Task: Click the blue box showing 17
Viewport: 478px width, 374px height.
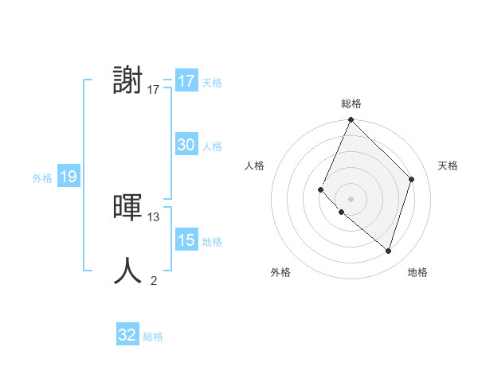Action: coord(186,81)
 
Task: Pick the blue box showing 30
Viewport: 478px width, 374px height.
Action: coord(186,145)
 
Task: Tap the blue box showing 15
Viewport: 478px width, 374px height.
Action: coord(186,240)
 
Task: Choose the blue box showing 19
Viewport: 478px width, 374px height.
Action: coord(68,177)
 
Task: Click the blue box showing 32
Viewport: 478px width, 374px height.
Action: coord(127,335)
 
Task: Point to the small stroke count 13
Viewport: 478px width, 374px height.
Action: coord(154,216)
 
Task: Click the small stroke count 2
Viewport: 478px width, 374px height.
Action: coord(154,280)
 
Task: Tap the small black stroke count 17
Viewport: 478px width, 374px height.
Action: coord(154,90)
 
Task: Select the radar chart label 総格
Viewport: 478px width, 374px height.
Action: coord(351,103)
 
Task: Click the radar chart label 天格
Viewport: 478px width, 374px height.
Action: coord(448,166)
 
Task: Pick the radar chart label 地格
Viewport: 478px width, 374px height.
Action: coord(417,272)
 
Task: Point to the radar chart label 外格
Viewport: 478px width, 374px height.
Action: coord(280,272)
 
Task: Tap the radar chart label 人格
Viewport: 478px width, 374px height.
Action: coord(255,166)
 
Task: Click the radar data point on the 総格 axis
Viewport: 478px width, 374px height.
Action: coord(351,120)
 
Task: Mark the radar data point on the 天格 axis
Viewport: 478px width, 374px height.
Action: coord(412,179)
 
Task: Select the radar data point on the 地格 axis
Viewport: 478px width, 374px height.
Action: coord(388,251)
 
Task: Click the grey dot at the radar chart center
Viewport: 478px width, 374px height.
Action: coord(351,199)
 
